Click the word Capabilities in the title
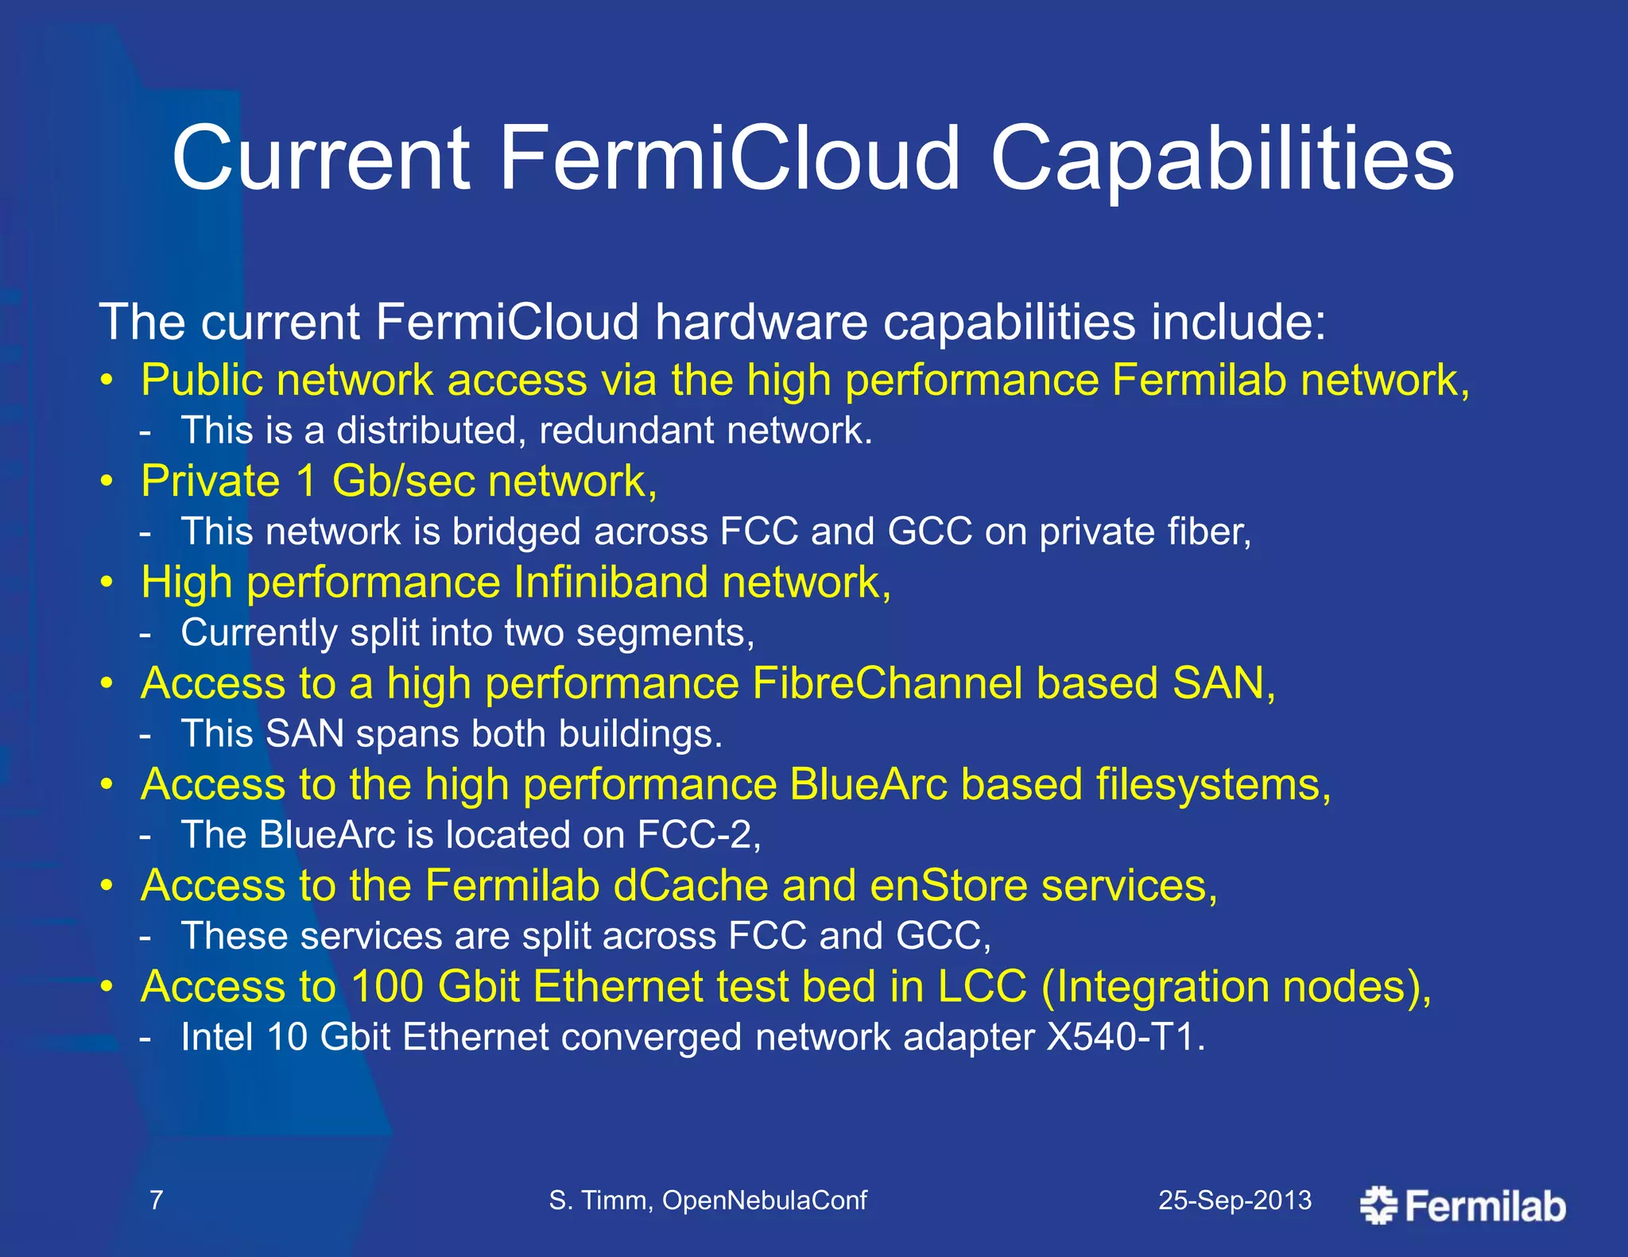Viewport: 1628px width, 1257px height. coord(1222,161)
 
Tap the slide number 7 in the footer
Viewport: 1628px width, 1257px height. coord(157,1200)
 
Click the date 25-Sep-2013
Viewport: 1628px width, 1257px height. coord(1235,1200)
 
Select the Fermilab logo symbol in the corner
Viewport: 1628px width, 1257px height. coord(1378,1205)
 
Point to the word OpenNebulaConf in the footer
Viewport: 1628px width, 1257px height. coord(764,1200)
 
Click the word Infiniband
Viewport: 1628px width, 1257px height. coord(610,582)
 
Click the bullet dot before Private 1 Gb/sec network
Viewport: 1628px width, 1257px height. coord(107,482)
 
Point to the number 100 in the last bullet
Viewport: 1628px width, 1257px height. coord(387,987)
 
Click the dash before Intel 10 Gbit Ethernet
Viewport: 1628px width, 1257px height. coord(145,1038)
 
